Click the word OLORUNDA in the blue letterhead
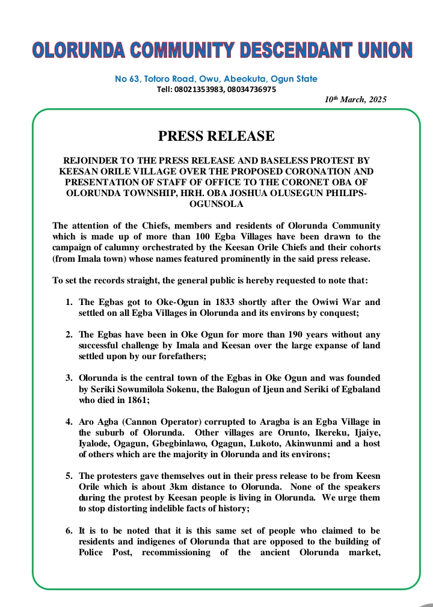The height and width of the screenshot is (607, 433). click(74, 51)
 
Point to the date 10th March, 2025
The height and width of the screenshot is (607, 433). click(355, 99)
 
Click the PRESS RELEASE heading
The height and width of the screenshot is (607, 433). click(216, 137)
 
